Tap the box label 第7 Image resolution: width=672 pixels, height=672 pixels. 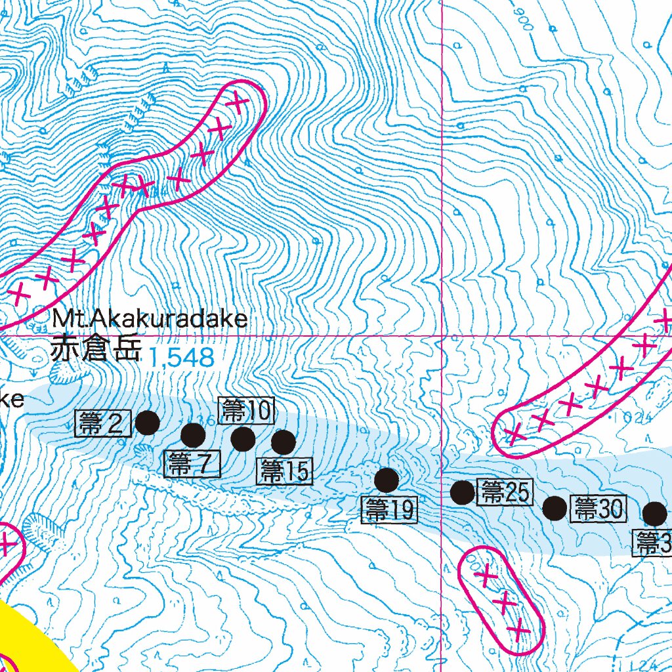click(191, 464)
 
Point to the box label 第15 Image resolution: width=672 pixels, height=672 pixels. click(284, 471)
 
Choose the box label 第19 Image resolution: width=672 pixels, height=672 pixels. click(389, 509)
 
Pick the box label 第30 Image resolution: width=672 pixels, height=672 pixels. click(598, 507)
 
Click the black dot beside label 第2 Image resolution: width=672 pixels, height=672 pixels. click(147, 423)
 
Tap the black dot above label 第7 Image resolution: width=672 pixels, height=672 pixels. click(193, 434)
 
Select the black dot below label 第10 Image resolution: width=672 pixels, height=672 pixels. click(243, 439)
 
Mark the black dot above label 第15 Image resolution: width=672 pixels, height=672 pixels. click(283, 443)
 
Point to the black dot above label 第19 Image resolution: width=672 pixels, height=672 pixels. click(387, 480)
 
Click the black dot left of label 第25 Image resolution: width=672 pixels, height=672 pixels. click(463, 492)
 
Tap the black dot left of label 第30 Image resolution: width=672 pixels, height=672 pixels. click(555, 507)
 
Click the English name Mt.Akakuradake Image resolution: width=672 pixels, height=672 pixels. click(150, 320)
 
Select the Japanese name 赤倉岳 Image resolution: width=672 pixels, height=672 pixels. click(96, 349)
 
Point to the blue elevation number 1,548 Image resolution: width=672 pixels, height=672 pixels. click(182, 358)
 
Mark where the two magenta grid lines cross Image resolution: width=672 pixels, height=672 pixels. click(442, 335)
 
